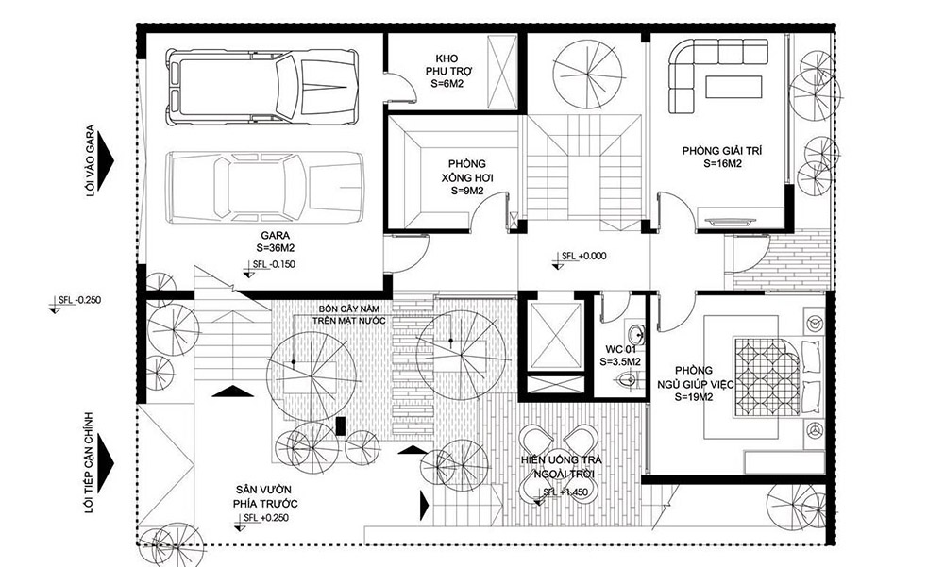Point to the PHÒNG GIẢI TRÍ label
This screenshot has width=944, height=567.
717,156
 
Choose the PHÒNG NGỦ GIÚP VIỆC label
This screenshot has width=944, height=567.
694,384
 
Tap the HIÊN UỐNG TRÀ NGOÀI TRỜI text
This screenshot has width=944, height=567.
565,467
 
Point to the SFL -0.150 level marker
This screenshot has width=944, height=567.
274,264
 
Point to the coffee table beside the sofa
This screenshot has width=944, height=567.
733,87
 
